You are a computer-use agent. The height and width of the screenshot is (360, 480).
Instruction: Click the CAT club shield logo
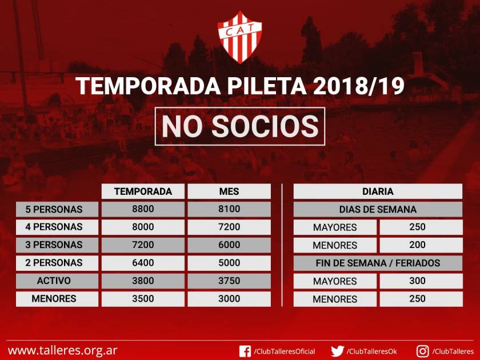[x=239, y=37]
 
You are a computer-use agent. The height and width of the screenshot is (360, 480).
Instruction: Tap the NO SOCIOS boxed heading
[x=240, y=126]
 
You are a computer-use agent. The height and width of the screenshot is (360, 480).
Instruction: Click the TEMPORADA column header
[x=143, y=191]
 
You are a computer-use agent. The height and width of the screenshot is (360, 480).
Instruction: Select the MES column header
[x=229, y=191]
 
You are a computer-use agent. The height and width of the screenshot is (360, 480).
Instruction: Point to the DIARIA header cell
[x=378, y=191]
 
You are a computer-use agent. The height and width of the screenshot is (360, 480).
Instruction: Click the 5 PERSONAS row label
[x=57, y=209]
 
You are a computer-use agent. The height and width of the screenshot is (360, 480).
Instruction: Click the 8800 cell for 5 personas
[x=143, y=209]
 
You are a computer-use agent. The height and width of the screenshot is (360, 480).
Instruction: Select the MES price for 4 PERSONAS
[x=229, y=227]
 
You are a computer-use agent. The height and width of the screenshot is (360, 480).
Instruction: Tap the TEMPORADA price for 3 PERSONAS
[x=143, y=245]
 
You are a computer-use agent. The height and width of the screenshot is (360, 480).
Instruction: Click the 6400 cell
[x=143, y=263]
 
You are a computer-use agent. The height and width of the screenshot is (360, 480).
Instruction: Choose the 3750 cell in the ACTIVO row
[x=229, y=281]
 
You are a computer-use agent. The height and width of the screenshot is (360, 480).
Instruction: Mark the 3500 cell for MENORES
[x=143, y=299]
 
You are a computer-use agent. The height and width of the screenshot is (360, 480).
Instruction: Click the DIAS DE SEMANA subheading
[x=378, y=209]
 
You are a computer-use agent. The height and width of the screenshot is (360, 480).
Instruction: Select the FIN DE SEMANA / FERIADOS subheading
[x=378, y=263]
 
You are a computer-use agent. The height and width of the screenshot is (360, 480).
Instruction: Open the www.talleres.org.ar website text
[x=63, y=350]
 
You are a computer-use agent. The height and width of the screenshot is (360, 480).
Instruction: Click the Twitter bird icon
[x=337, y=351]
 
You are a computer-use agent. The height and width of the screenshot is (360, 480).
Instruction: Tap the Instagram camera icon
[x=422, y=351]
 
